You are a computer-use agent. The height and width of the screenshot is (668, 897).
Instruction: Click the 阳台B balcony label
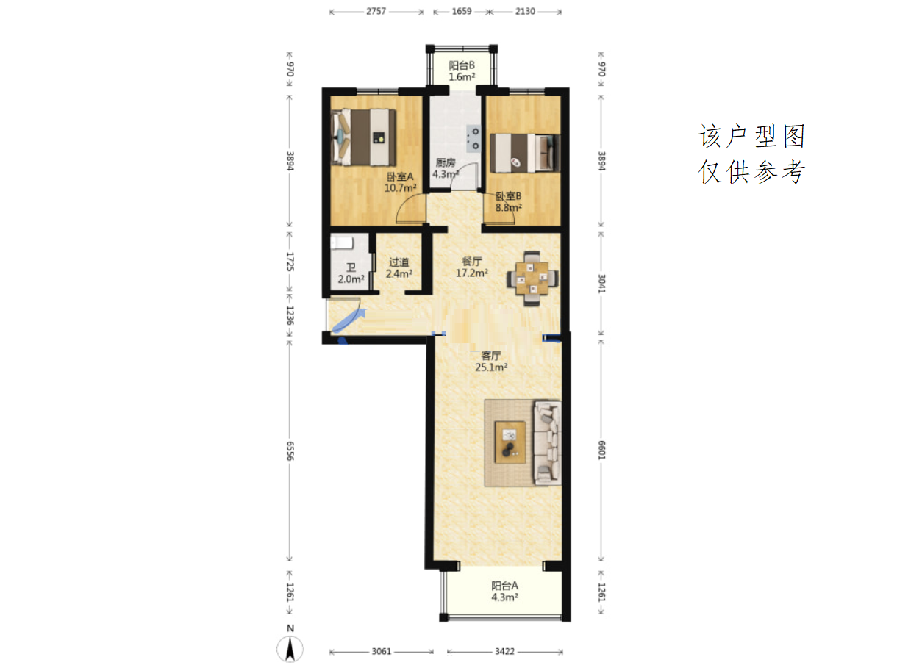[462, 65]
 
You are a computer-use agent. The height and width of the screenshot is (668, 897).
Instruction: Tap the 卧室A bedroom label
[399, 176]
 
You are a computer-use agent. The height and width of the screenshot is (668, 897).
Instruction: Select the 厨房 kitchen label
[446, 162]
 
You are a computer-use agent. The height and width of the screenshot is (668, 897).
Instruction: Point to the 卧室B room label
[508, 196]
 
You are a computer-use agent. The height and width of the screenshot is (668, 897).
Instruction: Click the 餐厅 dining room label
[471, 261]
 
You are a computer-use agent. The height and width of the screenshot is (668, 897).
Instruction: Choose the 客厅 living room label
[491, 356]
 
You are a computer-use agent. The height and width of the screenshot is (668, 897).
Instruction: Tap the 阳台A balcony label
[504, 586]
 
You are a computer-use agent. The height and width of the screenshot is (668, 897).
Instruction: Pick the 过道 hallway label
[399, 262]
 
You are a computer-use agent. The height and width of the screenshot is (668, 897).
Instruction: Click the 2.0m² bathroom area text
[351, 279]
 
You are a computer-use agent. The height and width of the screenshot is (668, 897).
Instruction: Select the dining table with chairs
[532, 279]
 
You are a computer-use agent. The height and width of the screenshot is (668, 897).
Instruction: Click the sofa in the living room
[547, 442]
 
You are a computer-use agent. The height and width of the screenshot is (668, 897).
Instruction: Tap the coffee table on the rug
[510, 442]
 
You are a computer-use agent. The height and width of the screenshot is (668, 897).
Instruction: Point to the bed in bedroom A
[363, 137]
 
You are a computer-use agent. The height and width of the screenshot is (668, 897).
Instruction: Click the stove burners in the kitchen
[473, 138]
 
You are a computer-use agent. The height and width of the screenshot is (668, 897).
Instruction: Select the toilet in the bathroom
[342, 243]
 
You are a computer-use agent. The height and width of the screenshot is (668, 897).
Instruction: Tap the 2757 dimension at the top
[376, 11]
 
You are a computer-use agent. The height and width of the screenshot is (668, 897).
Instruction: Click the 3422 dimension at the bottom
[504, 651]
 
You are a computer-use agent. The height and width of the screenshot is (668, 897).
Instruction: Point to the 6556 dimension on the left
[290, 451]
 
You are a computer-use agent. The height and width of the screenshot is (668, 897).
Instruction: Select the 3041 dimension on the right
[601, 284]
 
